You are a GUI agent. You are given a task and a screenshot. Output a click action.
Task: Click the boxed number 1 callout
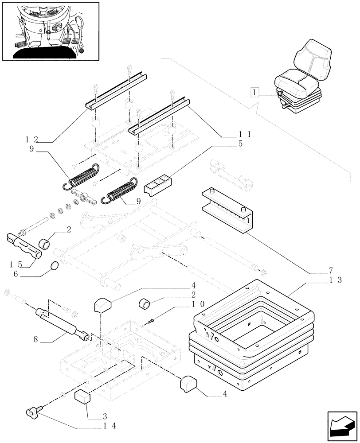click(254, 93)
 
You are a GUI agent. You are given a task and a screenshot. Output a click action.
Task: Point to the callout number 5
click(240, 144)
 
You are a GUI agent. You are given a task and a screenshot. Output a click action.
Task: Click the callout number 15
click(16, 264)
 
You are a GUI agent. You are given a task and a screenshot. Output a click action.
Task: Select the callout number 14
click(109, 426)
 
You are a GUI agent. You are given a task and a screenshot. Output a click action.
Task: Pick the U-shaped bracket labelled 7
click(227, 208)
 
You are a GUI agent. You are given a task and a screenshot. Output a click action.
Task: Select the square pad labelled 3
click(83, 398)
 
